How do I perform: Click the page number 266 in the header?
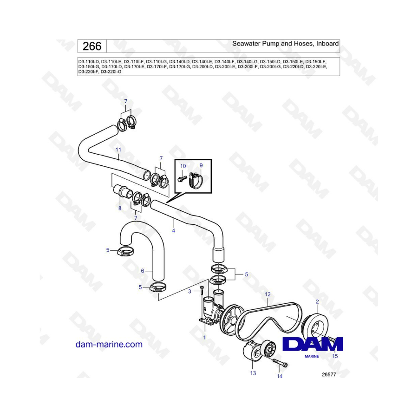tap(92, 46)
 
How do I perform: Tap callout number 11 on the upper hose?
tap(118, 150)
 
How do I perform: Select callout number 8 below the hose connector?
tap(120, 208)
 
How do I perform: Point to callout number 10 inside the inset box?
tap(183, 166)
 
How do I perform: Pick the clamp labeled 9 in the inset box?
tap(196, 181)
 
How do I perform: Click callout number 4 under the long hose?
tap(174, 230)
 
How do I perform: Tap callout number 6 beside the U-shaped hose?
tap(143, 271)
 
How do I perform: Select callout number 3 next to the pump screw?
tap(189, 291)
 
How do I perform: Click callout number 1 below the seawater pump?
tap(204, 338)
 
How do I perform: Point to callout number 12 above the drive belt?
tap(268, 294)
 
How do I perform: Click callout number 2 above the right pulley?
tap(317, 302)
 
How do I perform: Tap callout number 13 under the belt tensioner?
tap(253, 373)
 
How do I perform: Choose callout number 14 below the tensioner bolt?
tap(280, 376)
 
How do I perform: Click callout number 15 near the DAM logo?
tap(335, 356)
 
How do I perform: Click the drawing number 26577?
tap(329, 374)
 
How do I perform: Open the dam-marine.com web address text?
tap(109, 345)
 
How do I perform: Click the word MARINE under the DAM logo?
tap(312, 356)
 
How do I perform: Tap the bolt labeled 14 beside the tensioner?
tap(280, 362)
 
